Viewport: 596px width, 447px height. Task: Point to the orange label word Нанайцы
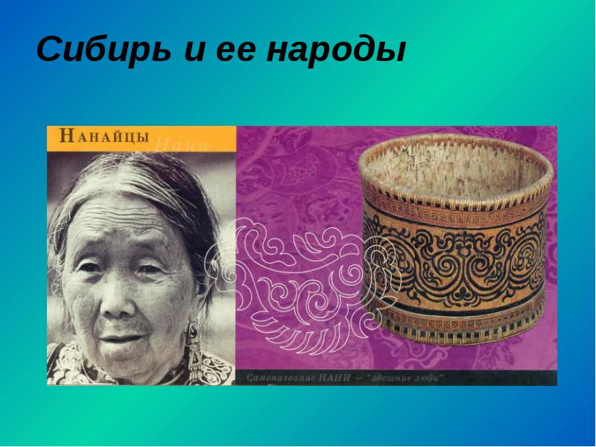click(104, 136)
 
